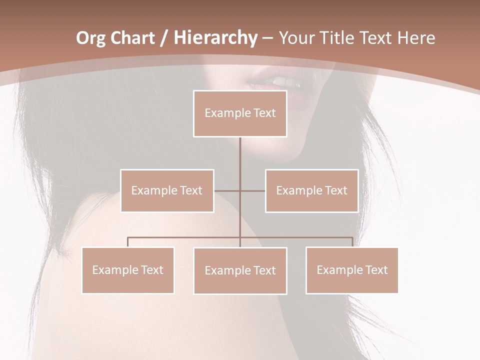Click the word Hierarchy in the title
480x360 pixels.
coord(215,38)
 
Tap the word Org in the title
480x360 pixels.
coord(91,38)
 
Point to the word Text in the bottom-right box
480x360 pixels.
coord(375,270)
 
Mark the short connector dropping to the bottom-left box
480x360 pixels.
coord(127,242)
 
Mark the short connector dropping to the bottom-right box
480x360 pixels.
coord(352,242)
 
